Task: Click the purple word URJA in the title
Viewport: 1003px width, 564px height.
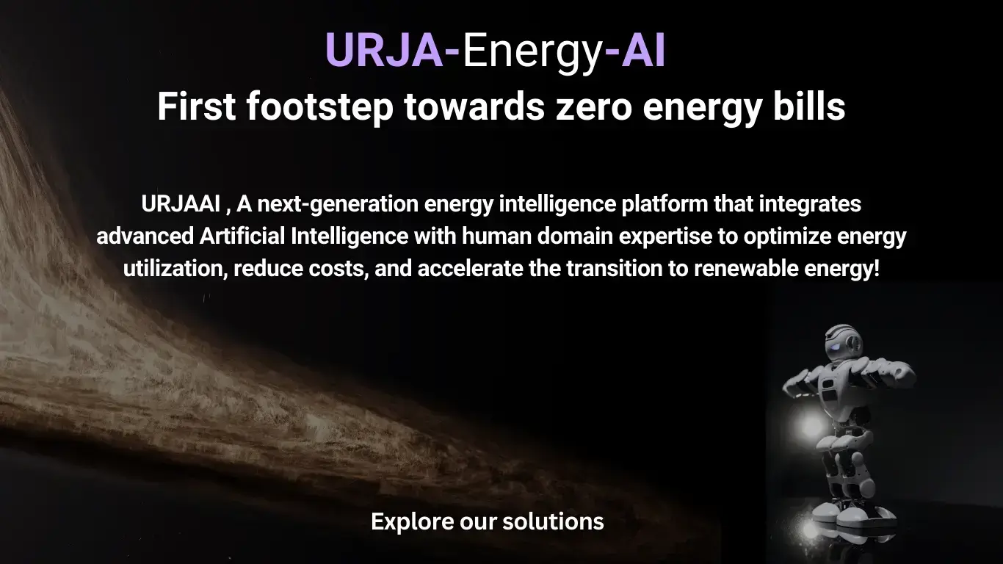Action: click(x=384, y=50)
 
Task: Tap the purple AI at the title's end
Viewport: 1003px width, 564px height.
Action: click(x=643, y=50)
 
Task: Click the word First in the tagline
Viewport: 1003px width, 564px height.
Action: click(x=197, y=106)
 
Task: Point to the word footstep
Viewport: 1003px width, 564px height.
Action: click(x=320, y=108)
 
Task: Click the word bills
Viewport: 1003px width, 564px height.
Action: click(x=809, y=106)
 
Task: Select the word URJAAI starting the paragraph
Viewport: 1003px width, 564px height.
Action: click(x=181, y=204)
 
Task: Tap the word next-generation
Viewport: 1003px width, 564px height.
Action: click(x=338, y=205)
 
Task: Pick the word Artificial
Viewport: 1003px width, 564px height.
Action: click(x=242, y=236)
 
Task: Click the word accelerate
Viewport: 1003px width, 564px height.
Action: click(x=470, y=268)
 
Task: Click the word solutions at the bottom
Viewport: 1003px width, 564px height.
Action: click(x=553, y=521)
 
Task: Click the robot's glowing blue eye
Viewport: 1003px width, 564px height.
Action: click(x=836, y=349)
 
